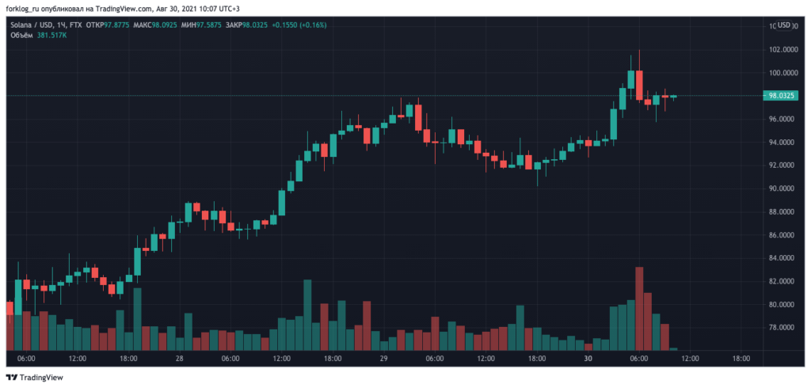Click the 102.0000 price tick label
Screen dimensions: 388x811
pyautogui.click(x=782, y=49)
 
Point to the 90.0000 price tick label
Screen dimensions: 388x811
pyautogui.click(x=782, y=188)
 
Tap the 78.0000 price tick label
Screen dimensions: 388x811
pyautogui.click(x=782, y=328)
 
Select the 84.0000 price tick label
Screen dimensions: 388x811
pyautogui.click(x=782, y=258)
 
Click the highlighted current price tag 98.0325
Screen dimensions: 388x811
pyautogui.click(x=782, y=96)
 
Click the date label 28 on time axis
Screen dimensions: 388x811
pyautogui.click(x=180, y=359)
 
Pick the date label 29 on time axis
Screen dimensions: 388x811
pyautogui.click(x=383, y=359)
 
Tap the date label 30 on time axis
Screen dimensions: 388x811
pyautogui.click(x=587, y=359)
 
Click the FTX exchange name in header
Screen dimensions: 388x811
pyautogui.click(x=75, y=25)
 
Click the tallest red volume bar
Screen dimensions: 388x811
pyautogui.click(x=639, y=309)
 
